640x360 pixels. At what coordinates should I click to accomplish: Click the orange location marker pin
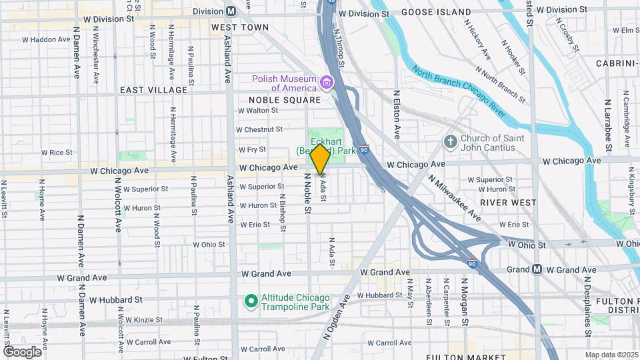(321, 159)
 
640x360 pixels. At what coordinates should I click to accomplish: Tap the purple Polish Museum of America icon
(327, 83)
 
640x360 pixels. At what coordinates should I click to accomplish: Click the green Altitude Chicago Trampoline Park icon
(251, 302)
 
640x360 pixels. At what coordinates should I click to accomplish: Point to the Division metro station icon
(231, 11)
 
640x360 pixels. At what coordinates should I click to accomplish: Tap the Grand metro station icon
(537, 269)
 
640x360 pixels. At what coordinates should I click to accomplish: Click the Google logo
(22, 351)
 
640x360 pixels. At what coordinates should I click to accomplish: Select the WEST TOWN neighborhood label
(240, 27)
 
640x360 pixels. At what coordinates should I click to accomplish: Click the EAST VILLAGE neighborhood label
(154, 89)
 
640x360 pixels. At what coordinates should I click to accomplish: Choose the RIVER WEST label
(508, 202)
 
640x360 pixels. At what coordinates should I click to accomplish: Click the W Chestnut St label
(260, 129)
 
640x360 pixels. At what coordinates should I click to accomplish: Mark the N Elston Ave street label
(396, 115)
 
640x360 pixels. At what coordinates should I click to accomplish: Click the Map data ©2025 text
(611, 355)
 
